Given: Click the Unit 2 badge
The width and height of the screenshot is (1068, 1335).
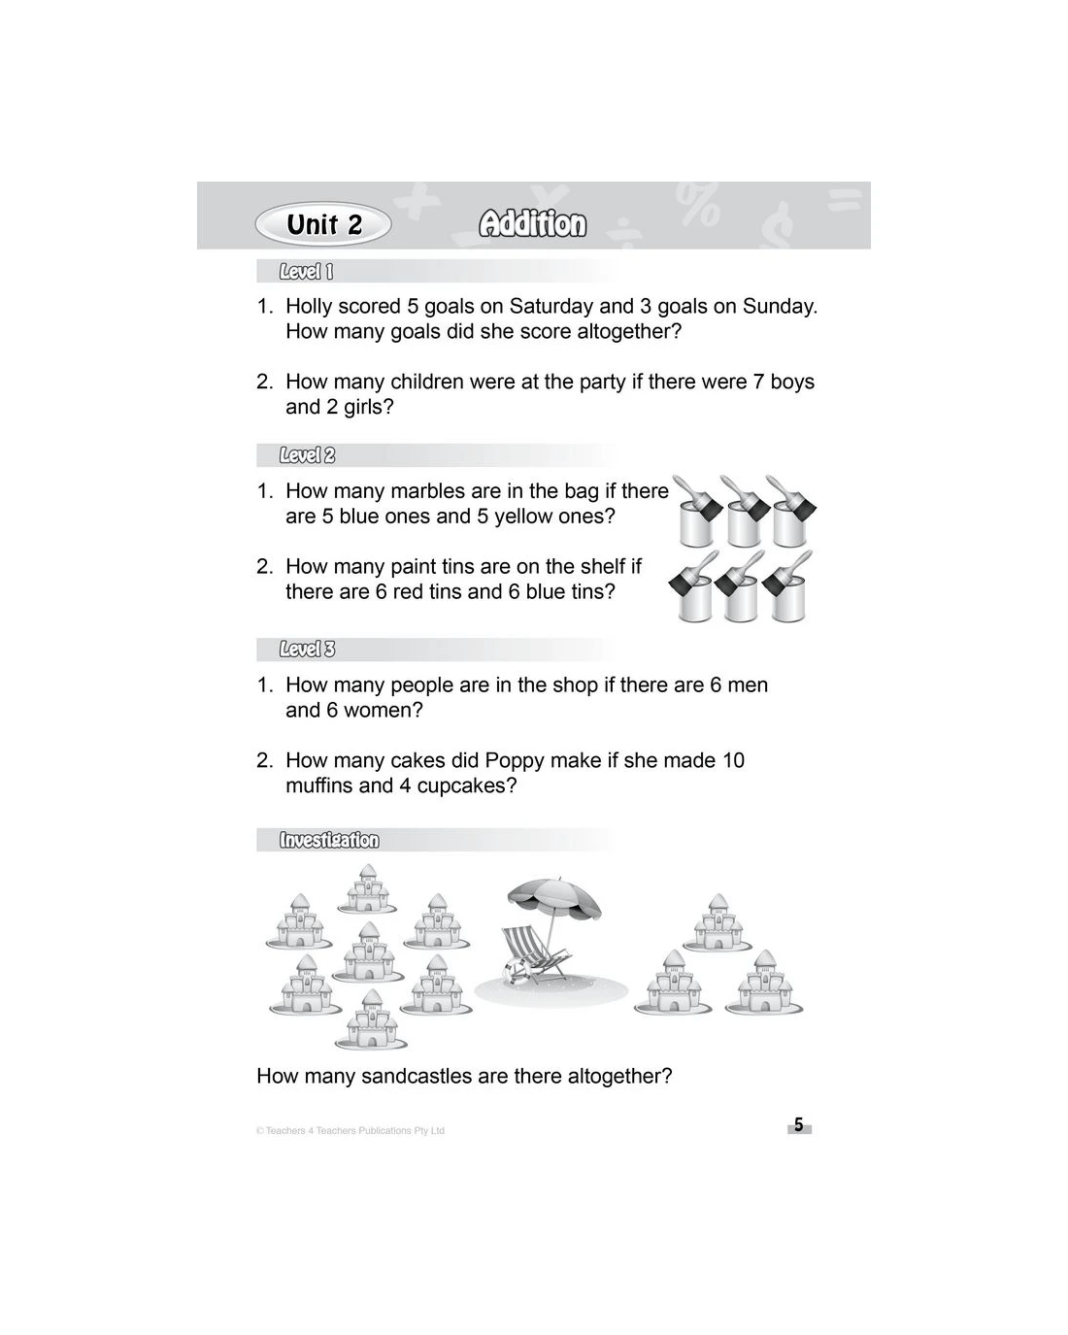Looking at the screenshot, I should click(x=323, y=225).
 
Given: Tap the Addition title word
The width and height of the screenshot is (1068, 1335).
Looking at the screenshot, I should click(x=532, y=225).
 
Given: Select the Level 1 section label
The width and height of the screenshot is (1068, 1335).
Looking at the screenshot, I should click(x=306, y=272).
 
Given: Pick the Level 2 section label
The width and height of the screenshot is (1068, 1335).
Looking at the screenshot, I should click(x=307, y=455).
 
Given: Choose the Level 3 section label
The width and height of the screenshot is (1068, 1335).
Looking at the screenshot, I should click(x=307, y=650).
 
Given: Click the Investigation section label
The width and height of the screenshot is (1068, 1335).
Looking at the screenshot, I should click(x=329, y=841).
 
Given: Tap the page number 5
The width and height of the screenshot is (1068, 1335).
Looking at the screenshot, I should click(x=799, y=1125).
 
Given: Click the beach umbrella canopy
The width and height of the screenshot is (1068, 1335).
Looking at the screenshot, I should click(x=554, y=898).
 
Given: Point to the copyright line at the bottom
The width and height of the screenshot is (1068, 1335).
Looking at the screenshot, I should click(x=350, y=1131).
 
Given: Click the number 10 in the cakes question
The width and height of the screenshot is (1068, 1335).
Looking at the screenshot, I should click(x=733, y=761).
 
